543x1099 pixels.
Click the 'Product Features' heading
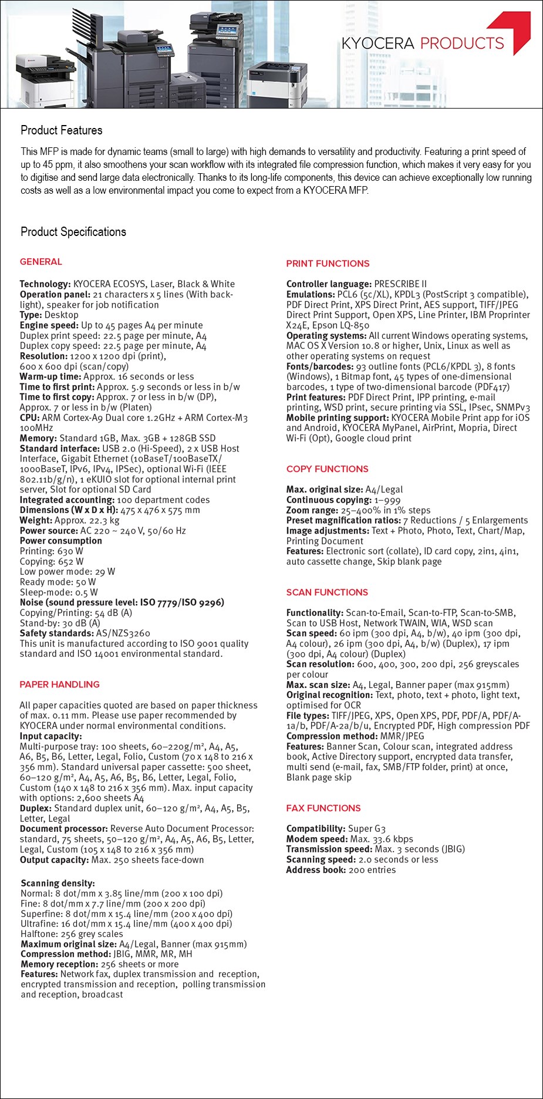tap(61, 130)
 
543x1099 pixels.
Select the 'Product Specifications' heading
tap(73, 232)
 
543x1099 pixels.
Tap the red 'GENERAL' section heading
tap(41, 262)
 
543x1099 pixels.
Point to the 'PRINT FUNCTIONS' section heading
tap(328, 264)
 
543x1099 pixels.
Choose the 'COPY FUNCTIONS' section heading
tap(327, 469)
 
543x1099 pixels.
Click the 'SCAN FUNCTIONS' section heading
tap(327, 592)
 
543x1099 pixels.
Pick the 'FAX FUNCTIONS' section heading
tap(323, 808)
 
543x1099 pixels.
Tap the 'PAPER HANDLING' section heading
tap(59, 685)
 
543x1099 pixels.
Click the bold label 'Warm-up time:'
tap(50, 377)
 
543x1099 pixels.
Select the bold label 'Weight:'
tap(36, 521)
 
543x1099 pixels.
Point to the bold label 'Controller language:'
tap(329, 284)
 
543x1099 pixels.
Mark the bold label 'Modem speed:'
tap(316, 840)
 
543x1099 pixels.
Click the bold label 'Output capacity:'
tap(54, 860)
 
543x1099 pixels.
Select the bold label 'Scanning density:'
tap(58, 884)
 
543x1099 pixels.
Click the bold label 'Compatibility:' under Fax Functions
tap(315, 829)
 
